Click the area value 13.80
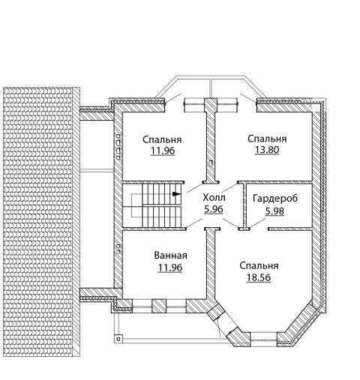click(267, 150)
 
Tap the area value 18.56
click(259, 277)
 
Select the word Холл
click(214, 198)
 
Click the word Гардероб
click(275, 199)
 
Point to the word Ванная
click(170, 256)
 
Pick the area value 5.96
click(214, 209)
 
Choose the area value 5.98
click(274, 211)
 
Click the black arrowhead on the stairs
click(176, 194)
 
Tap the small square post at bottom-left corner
click(118, 339)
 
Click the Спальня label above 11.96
click(162, 139)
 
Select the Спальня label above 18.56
click(259, 266)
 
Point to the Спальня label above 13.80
click(267, 139)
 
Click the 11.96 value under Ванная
click(170, 268)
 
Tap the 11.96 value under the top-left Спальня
click(163, 151)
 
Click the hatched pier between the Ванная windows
click(159, 306)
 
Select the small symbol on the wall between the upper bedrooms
click(211, 163)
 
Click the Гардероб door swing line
click(257, 223)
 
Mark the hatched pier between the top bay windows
click(211, 105)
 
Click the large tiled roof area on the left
click(41, 222)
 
